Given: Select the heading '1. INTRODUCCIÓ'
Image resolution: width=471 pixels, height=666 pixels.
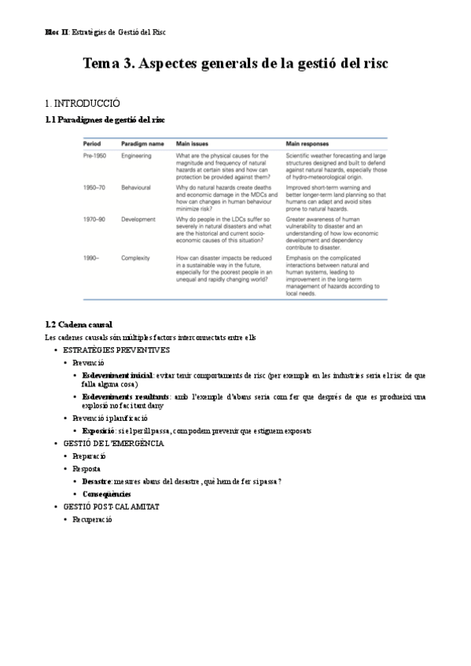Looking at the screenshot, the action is (83, 103).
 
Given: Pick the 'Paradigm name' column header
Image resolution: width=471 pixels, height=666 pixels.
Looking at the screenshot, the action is (142, 145).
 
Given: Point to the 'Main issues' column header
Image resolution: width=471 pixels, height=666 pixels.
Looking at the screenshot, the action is (193, 145).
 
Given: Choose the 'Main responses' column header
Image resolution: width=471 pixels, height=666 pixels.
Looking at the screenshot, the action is (307, 145).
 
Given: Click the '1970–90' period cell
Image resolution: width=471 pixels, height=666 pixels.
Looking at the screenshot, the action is (96, 221).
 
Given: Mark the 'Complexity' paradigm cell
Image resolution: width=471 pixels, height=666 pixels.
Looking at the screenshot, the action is (135, 258).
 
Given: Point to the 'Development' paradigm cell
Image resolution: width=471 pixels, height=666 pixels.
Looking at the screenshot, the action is (138, 221).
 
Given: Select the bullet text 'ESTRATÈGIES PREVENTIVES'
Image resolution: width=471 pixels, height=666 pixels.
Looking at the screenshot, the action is (116, 349).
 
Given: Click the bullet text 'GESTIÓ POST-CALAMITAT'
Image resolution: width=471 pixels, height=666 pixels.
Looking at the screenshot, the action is (111, 507).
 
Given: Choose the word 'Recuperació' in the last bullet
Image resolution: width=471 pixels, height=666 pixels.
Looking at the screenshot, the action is (93, 519).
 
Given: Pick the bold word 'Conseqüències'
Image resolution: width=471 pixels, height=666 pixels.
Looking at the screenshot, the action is (106, 494).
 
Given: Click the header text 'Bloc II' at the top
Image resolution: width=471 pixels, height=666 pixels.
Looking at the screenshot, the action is (57, 31).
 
